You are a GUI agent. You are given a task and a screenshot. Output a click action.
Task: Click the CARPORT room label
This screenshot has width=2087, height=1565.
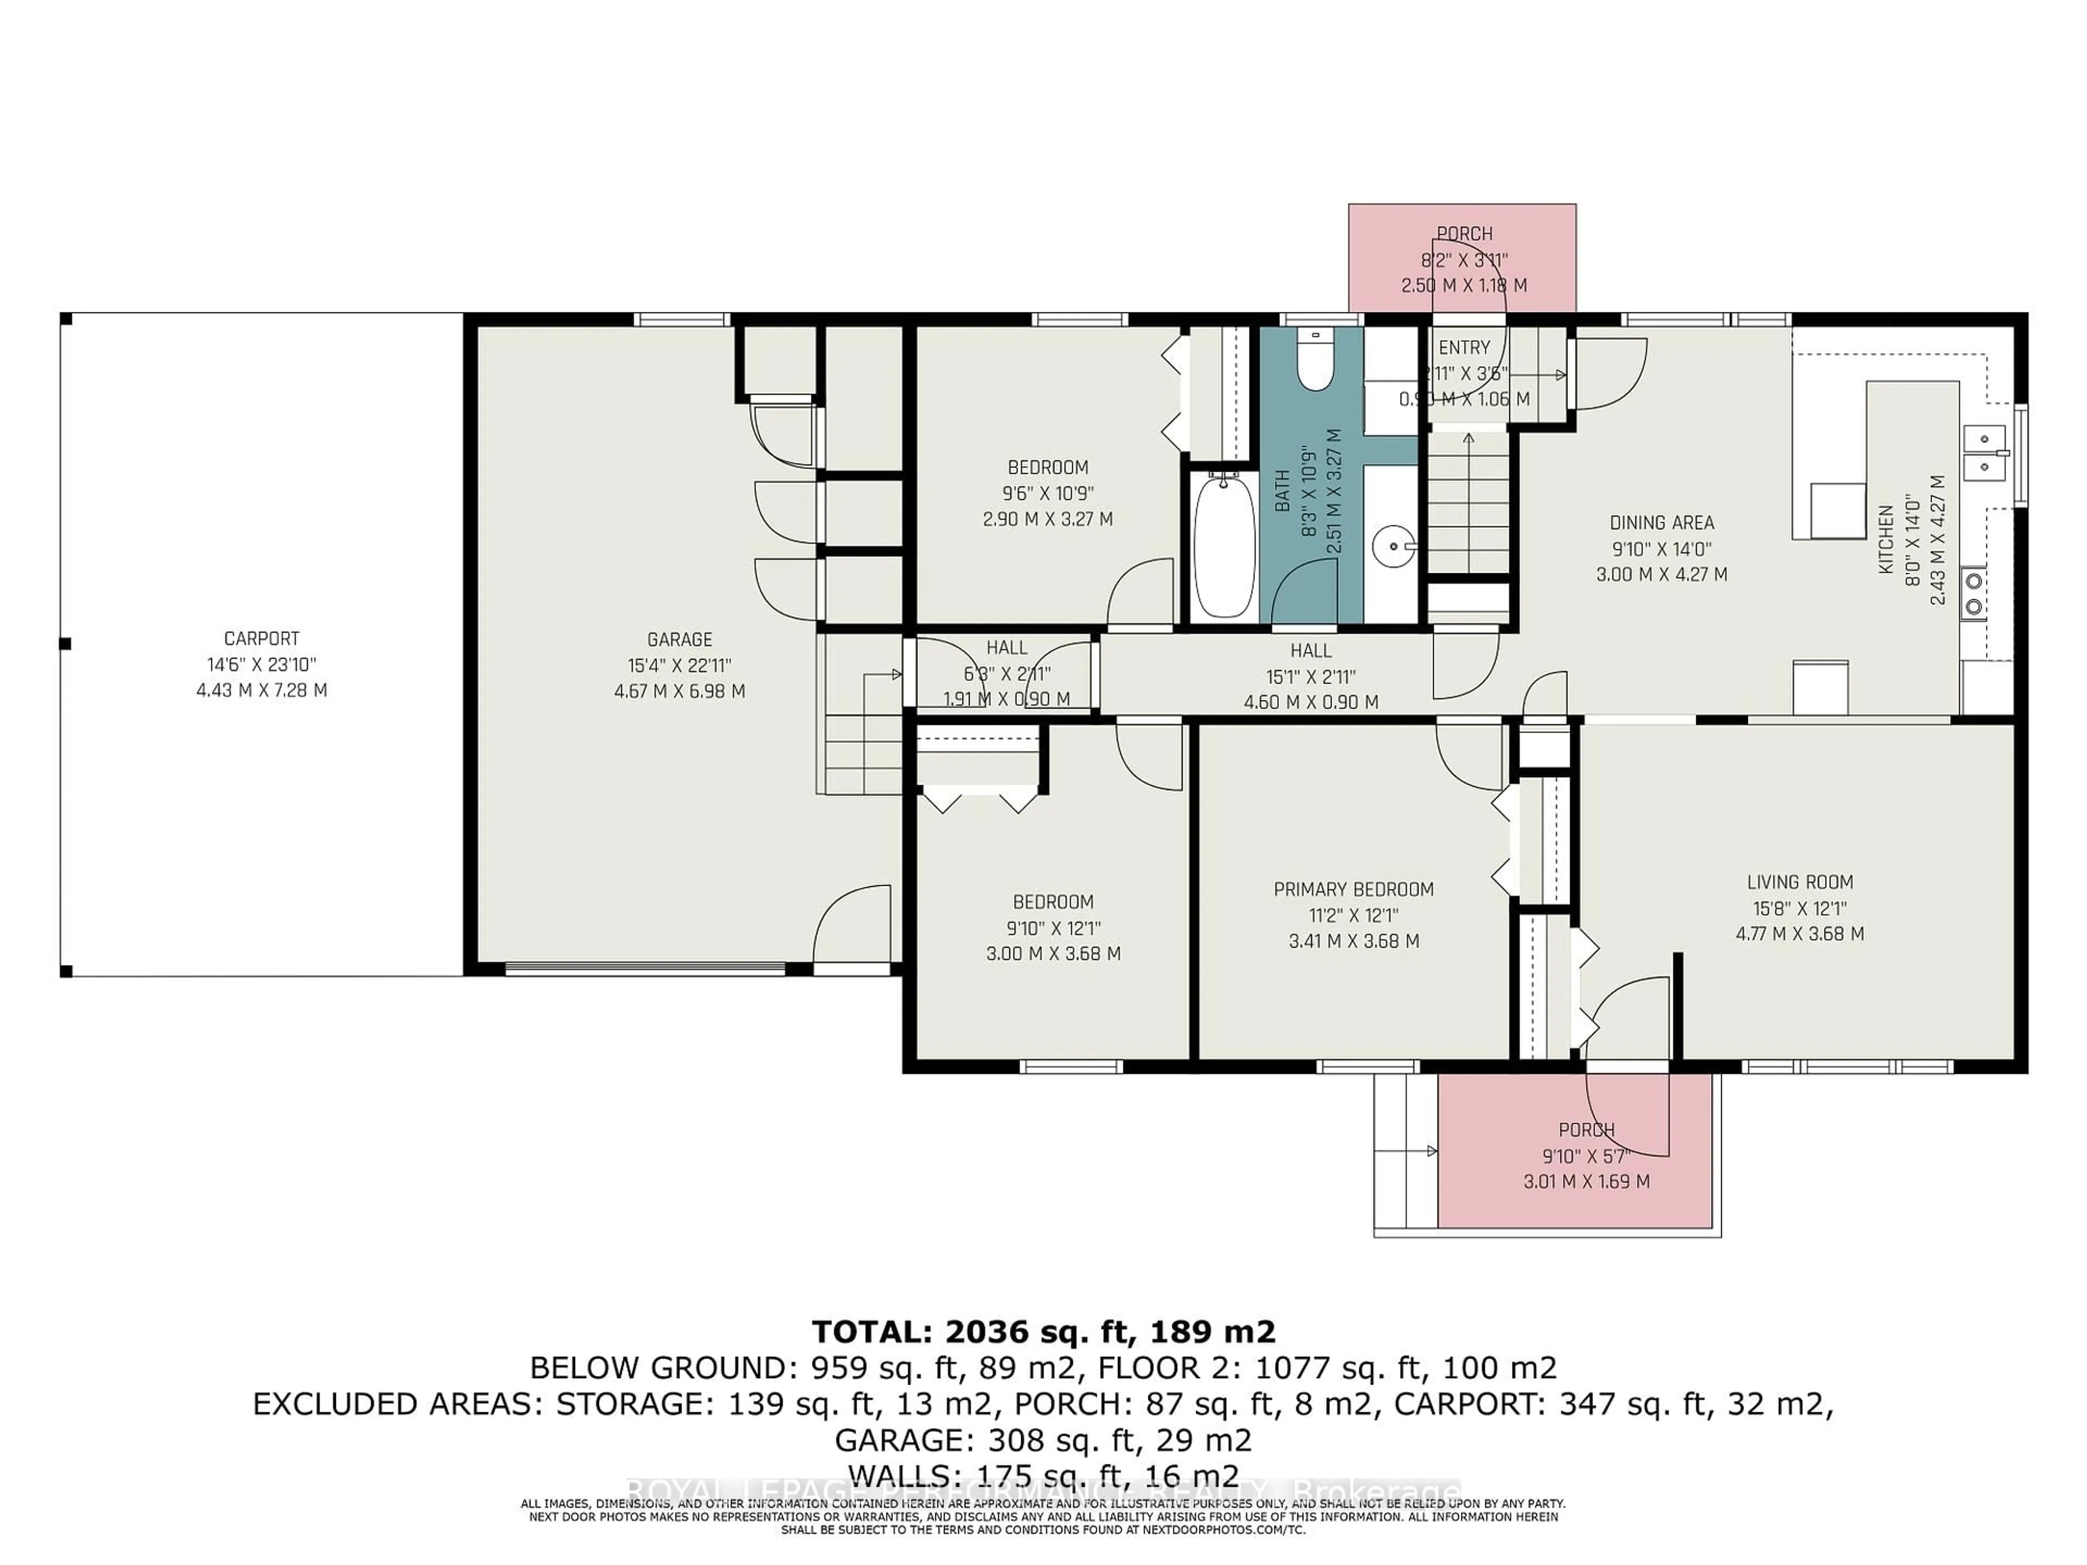click(x=261, y=638)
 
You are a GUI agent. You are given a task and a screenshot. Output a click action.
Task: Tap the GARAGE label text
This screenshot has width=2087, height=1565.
click(x=679, y=640)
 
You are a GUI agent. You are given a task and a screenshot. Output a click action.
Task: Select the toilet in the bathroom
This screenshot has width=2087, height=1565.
click(x=1314, y=362)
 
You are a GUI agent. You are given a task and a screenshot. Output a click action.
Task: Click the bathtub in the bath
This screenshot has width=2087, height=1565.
click(x=1224, y=547)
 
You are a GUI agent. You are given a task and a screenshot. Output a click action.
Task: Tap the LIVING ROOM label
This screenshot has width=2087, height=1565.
click(x=1799, y=882)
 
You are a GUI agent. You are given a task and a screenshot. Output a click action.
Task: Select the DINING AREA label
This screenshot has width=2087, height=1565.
click(x=1661, y=523)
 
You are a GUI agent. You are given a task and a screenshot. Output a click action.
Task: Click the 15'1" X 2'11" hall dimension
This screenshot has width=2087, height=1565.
click(x=1310, y=677)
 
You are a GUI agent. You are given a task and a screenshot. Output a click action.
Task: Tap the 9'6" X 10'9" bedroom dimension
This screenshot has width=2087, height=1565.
click(x=1047, y=492)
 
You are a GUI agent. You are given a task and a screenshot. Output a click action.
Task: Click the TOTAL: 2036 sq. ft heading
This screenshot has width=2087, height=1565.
click(x=1042, y=1332)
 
